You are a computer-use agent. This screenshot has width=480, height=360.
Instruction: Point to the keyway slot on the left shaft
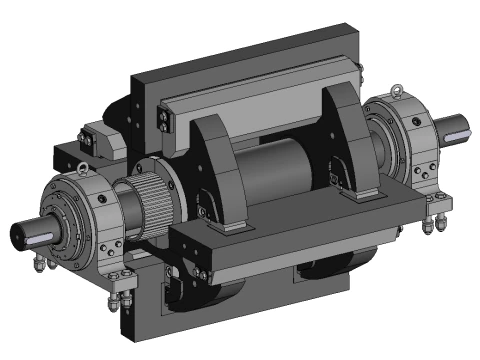pos(34,237)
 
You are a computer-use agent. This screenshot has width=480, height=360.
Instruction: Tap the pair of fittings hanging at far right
pos(435,222)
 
